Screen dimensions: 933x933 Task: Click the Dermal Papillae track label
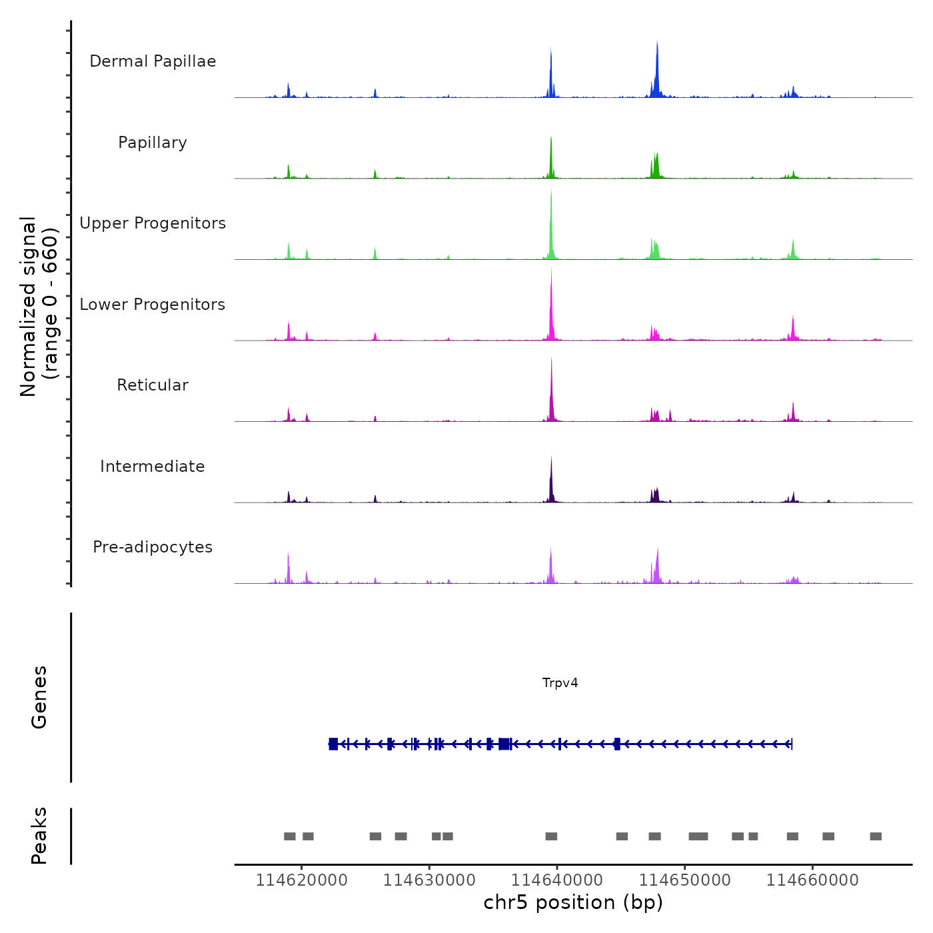pyautogui.click(x=153, y=61)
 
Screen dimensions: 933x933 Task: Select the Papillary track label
pyautogui.click(x=153, y=143)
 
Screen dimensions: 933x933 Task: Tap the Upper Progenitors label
pyautogui.click(x=153, y=223)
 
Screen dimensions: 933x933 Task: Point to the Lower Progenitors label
pyautogui.click(x=153, y=305)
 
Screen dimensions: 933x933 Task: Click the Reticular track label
pyautogui.click(x=153, y=385)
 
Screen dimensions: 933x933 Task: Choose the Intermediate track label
pyautogui.click(x=153, y=467)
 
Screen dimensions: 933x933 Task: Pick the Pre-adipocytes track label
pyautogui.click(x=153, y=547)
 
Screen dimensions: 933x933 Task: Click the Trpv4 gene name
pyautogui.click(x=560, y=683)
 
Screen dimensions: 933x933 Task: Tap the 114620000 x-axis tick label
pyautogui.click(x=302, y=880)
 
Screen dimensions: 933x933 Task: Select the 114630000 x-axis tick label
pyautogui.click(x=429, y=880)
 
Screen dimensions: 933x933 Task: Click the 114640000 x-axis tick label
pyautogui.click(x=557, y=880)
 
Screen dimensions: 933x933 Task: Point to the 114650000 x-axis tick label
pyautogui.click(x=685, y=880)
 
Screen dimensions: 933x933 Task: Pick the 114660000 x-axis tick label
pyautogui.click(x=812, y=880)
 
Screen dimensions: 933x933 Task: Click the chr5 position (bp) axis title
pyautogui.click(x=573, y=903)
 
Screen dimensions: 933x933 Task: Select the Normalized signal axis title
pyautogui.click(x=39, y=307)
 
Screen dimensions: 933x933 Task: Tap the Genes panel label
pyautogui.click(x=39, y=697)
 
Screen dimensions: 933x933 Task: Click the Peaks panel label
pyautogui.click(x=39, y=836)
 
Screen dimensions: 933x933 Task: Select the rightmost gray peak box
pyautogui.click(x=876, y=836)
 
